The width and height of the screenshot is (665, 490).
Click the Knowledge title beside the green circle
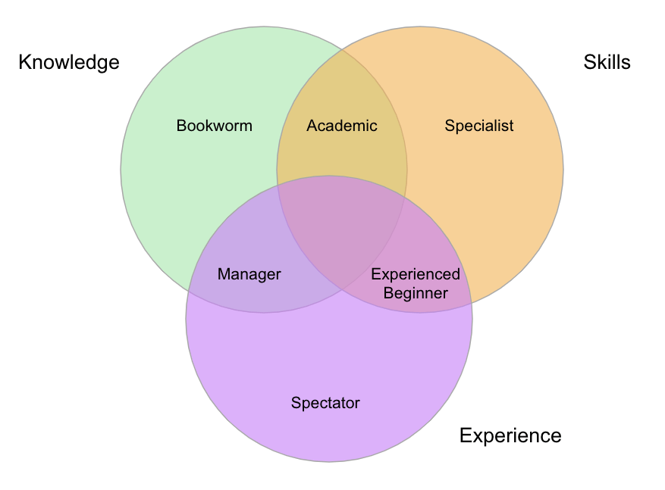[69, 62]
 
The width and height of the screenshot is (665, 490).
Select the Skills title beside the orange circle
[607, 62]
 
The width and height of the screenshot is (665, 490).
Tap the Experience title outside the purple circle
[510, 435]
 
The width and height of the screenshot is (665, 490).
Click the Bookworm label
[214, 126]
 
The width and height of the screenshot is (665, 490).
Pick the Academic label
[341, 126]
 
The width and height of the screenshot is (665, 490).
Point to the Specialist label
[479, 126]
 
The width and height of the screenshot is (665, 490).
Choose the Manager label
[249, 274]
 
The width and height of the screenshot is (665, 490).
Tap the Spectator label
[325, 403]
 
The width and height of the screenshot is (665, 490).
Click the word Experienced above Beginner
[416, 274]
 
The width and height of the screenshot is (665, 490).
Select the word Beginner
[416, 292]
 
